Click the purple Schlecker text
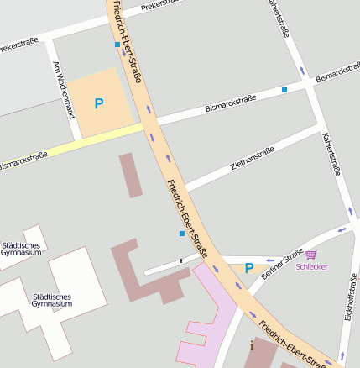point(312,266)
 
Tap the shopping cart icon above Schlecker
point(311,254)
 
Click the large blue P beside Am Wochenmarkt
point(99,104)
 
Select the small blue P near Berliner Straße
point(248,268)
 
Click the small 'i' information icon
point(251,344)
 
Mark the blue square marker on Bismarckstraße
point(284,89)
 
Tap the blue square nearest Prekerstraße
point(117,44)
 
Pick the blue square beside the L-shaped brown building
point(181,234)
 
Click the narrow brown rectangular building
point(130,175)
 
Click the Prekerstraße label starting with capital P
point(159,5)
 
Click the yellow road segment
point(92,141)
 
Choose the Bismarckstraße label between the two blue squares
point(231,104)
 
